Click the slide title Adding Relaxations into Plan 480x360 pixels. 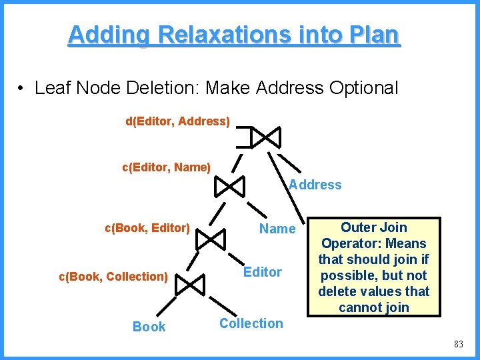click(x=234, y=35)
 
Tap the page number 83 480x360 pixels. click(x=458, y=344)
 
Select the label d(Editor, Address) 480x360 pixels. click(x=178, y=121)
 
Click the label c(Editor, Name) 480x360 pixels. click(x=166, y=167)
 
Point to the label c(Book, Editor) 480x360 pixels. click(x=147, y=227)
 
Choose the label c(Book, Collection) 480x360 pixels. click(x=113, y=276)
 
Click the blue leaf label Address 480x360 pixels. click(x=315, y=185)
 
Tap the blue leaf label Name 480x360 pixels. click(x=277, y=229)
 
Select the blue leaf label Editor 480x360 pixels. click(x=263, y=271)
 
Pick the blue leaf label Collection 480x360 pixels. click(x=251, y=323)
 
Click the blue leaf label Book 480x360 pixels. click(x=149, y=326)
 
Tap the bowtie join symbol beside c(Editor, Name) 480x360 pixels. click(x=230, y=187)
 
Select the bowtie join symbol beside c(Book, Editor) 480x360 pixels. click(x=213, y=238)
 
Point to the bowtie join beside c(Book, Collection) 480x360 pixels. click(x=192, y=285)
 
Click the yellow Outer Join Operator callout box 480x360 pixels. click(x=373, y=267)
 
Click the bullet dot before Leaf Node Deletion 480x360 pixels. click(x=22, y=88)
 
